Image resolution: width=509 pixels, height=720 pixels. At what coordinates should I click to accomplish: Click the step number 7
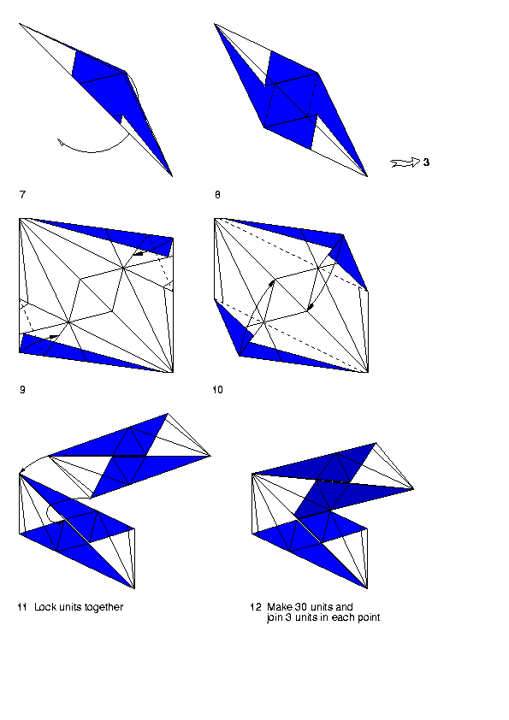[x=22, y=195]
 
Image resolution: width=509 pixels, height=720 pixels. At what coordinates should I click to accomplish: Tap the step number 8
[x=217, y=195]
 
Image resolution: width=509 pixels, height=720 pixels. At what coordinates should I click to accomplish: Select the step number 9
[x=22, y=390]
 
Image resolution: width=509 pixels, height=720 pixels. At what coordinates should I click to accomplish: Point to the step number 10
[x=218, y=390]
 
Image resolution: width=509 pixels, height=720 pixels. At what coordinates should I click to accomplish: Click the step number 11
[x=22, y=607]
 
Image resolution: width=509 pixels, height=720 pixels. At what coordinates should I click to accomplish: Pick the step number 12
[x=256, y=607]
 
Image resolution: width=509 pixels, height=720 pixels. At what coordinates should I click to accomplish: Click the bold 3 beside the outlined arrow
[x=426, y=162]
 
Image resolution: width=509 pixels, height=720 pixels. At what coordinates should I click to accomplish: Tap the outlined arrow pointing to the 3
[x=405, y=162]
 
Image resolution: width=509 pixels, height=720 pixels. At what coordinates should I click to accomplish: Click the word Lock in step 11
[x=45, y=607]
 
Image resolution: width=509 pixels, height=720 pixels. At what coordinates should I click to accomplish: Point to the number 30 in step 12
[x=301, y=607]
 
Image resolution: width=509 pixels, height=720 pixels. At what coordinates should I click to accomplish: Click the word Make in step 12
[x=279, y=607]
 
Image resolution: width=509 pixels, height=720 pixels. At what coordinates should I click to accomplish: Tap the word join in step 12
[x=275, y=617]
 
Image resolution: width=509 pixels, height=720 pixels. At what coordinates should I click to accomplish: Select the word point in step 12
[x=369, y=618]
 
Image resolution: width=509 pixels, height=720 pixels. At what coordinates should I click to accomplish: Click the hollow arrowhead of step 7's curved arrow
[x=60, y=142]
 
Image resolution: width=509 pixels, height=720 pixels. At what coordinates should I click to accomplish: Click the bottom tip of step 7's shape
[x=172, y=176]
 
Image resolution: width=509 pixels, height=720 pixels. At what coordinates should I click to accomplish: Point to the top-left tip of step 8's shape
[x=215, y=24]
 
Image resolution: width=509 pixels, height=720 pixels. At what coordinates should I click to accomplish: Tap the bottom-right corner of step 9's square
[x=173, y=372]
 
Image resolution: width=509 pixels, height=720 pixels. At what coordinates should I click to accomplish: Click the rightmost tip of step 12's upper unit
[x=413, y=488]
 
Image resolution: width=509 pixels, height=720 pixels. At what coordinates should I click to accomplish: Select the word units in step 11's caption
[x=69, y=607]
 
